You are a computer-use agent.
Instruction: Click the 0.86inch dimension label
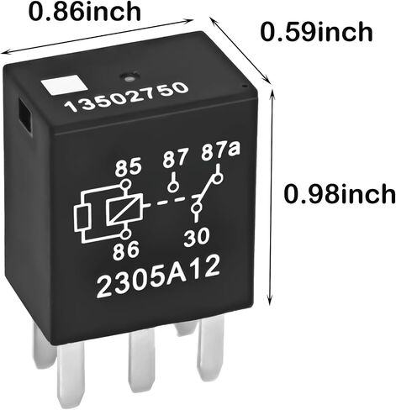(x=85, y=12)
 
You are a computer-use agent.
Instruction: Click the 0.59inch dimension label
(x=317, y=32)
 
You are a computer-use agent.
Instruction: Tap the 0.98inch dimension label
(x=340, y=194)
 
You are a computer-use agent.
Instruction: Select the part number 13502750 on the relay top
(x=126, y=97)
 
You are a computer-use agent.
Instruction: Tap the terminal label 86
(x=126, y=250)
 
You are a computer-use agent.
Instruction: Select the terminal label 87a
(x=220, y=154)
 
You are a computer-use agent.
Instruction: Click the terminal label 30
(x=197, y=237)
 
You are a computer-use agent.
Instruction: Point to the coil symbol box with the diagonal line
(x=124, y=212)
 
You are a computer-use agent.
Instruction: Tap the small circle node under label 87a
(x=218, y=179)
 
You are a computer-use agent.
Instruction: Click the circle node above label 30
(x=196, y=208)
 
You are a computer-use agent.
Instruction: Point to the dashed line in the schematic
(x=170, y=201)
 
